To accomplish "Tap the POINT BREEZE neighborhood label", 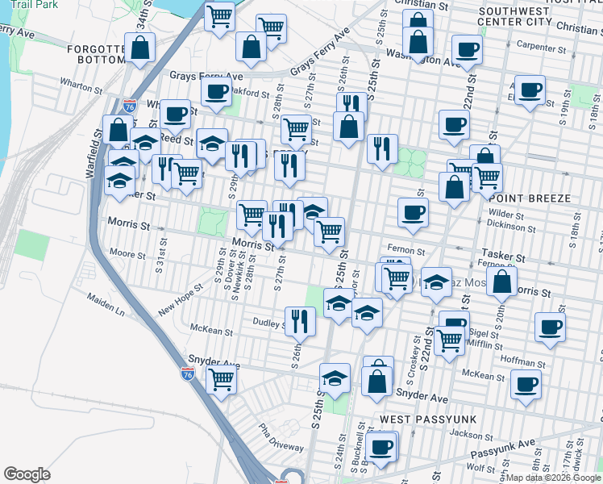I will tap(529, 198).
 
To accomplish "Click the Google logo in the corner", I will tap(27, 474).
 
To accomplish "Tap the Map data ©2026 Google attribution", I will tap(554, 478).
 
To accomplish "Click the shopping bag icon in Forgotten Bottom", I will tap(140, 48).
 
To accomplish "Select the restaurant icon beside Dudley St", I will tap(298, 320).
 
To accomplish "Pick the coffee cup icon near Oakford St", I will tap(215, 92).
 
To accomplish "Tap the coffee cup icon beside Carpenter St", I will tap(467, 49).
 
